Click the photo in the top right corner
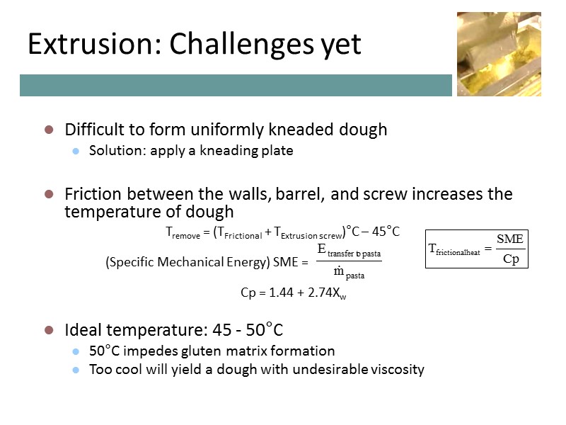tap(498, 54)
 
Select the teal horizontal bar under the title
tap(236, 85)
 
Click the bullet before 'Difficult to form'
tap(49, 130)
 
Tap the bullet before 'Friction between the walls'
tap(49, 194)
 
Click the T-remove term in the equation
tap(183, 232)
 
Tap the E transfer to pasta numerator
tap(350, 250)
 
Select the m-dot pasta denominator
tap(349, 273)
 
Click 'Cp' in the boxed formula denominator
tap(510, 259)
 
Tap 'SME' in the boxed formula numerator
tap(510, 239)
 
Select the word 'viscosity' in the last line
tap(398, 369)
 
